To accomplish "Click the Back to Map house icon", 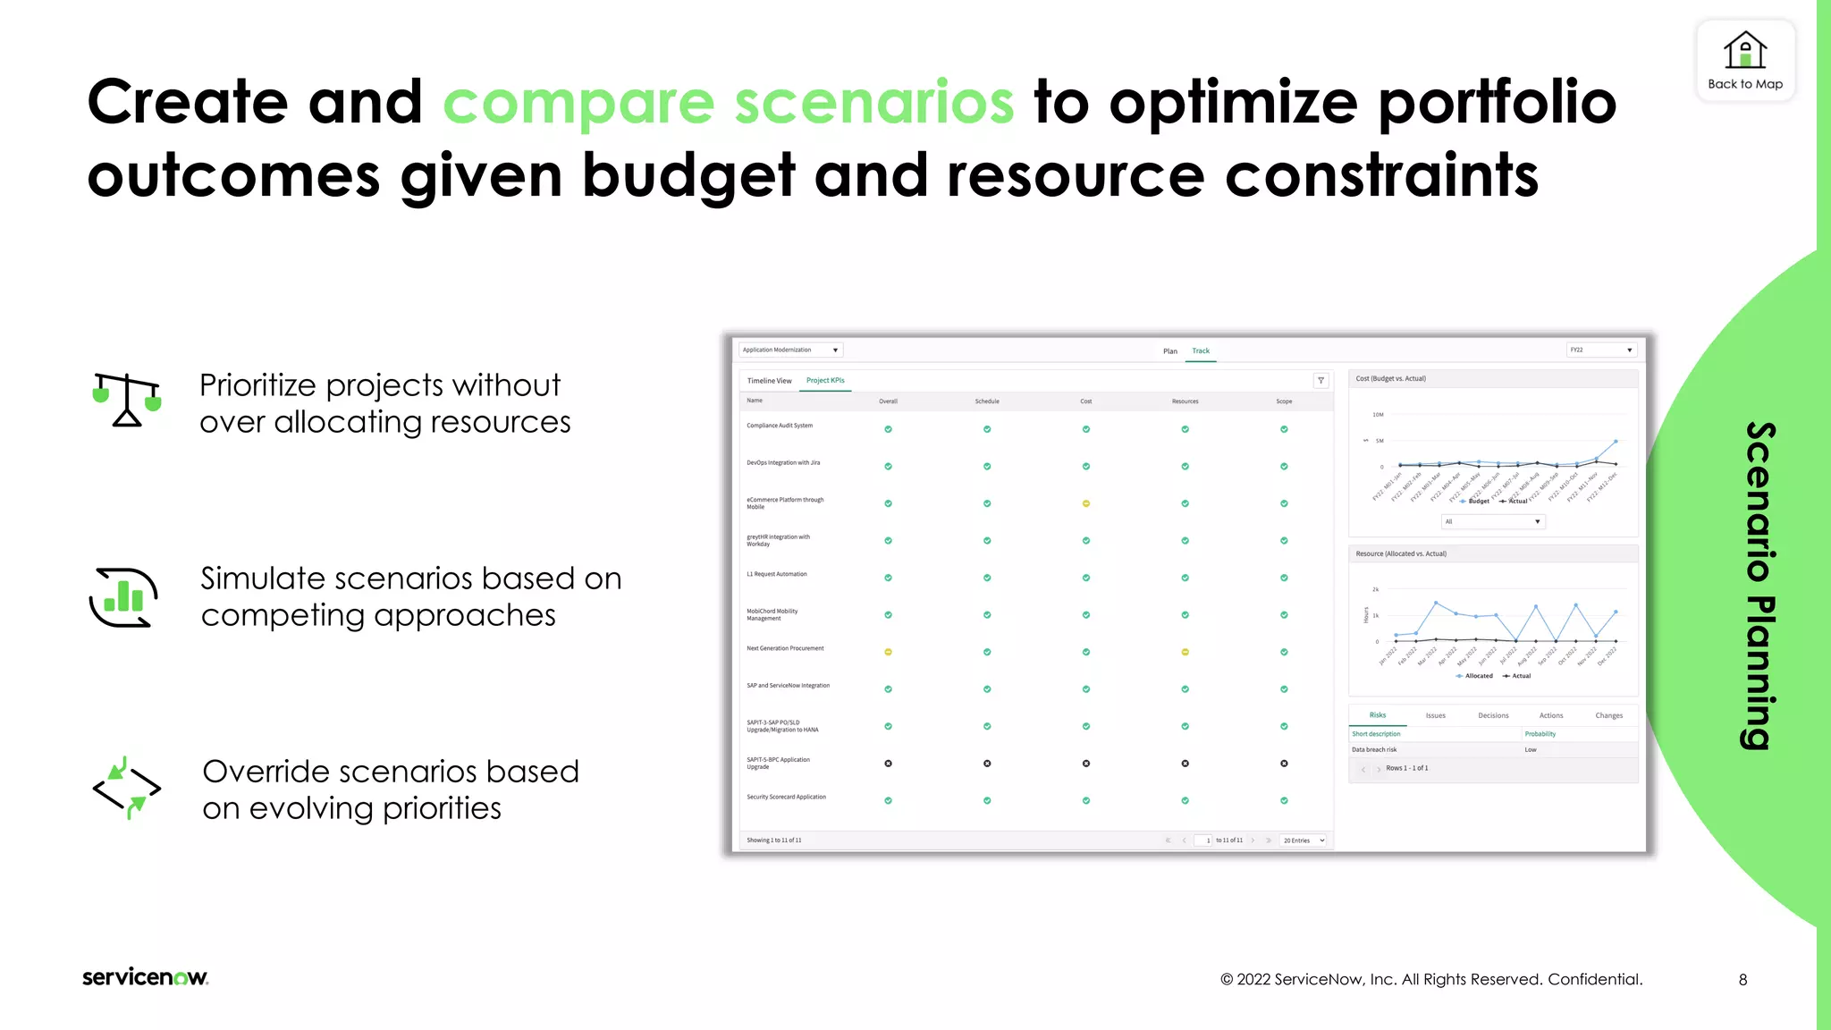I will point(1744,51).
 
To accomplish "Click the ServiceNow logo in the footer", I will point(145,977).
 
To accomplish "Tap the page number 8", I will point(1742,980).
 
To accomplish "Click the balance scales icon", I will point(127,400).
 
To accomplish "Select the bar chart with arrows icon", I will point(124,597).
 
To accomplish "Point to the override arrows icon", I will point(127,788).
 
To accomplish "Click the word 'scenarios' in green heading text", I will point(873,103).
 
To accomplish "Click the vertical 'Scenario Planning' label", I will point(1759,586).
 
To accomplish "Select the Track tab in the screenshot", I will point(1201,351).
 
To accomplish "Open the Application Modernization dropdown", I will point(791,350).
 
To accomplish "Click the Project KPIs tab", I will point(825,381).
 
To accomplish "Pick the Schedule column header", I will point(987,401).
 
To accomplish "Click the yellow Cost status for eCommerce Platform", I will point(1086,504).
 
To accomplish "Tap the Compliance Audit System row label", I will point(780,426).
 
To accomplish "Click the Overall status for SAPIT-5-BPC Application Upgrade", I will point(888,764).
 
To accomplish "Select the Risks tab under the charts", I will point(1378,715).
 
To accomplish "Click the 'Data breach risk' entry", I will point(1374,750).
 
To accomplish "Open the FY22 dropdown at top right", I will point(1601,350).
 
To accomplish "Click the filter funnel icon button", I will point(1321,381).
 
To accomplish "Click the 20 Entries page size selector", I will point(1304,840).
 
